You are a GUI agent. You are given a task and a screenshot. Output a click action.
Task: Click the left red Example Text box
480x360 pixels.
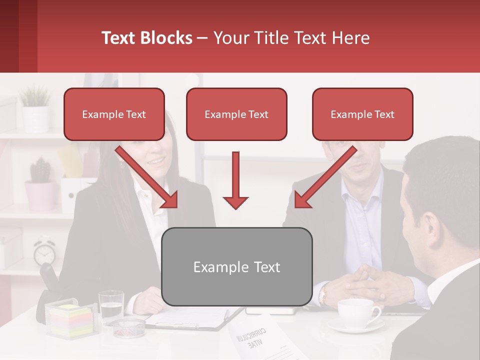coord(114,114)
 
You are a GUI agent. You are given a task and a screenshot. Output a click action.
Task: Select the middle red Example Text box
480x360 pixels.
coord(236,114)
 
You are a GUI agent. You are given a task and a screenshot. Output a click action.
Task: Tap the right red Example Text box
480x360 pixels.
coord(362,114)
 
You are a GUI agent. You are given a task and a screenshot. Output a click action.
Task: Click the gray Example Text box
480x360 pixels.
coord(236,266)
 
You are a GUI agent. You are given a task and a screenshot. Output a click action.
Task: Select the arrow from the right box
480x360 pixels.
coord(325,177)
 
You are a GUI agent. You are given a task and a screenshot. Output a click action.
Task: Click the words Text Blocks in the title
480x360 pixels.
coord(147,38)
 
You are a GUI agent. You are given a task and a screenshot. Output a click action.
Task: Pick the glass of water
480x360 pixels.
coord(111,306)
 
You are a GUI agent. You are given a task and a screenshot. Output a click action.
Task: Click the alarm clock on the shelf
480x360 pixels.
coord(45,252)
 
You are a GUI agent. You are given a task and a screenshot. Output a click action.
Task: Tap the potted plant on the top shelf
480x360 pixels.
coord(35,107)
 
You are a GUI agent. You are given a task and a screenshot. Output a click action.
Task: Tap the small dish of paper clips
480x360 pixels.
coord(127,327)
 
